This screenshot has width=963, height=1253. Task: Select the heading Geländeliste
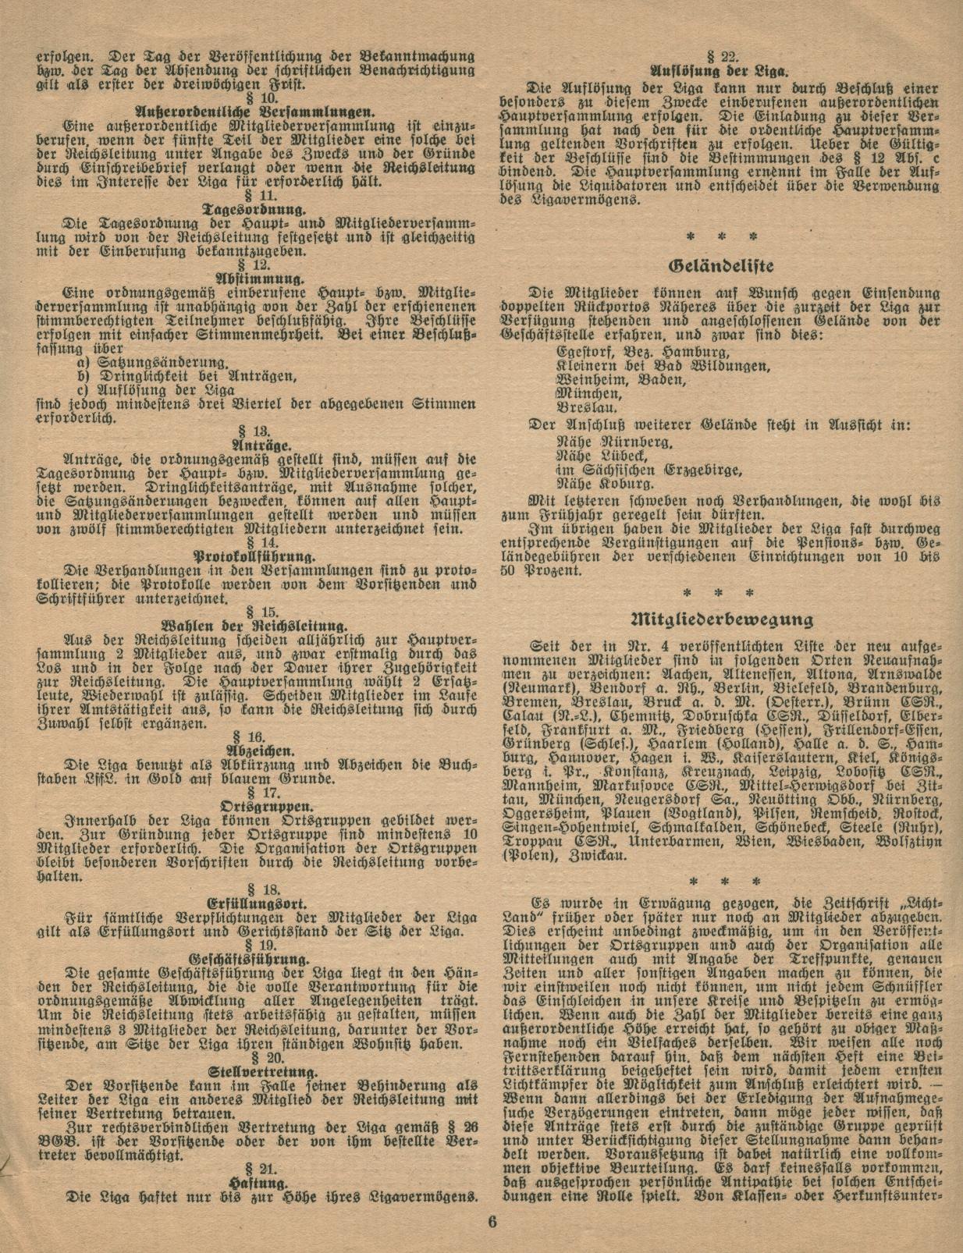coord(721,265)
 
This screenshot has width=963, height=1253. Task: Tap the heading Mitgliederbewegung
coord(721,620)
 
